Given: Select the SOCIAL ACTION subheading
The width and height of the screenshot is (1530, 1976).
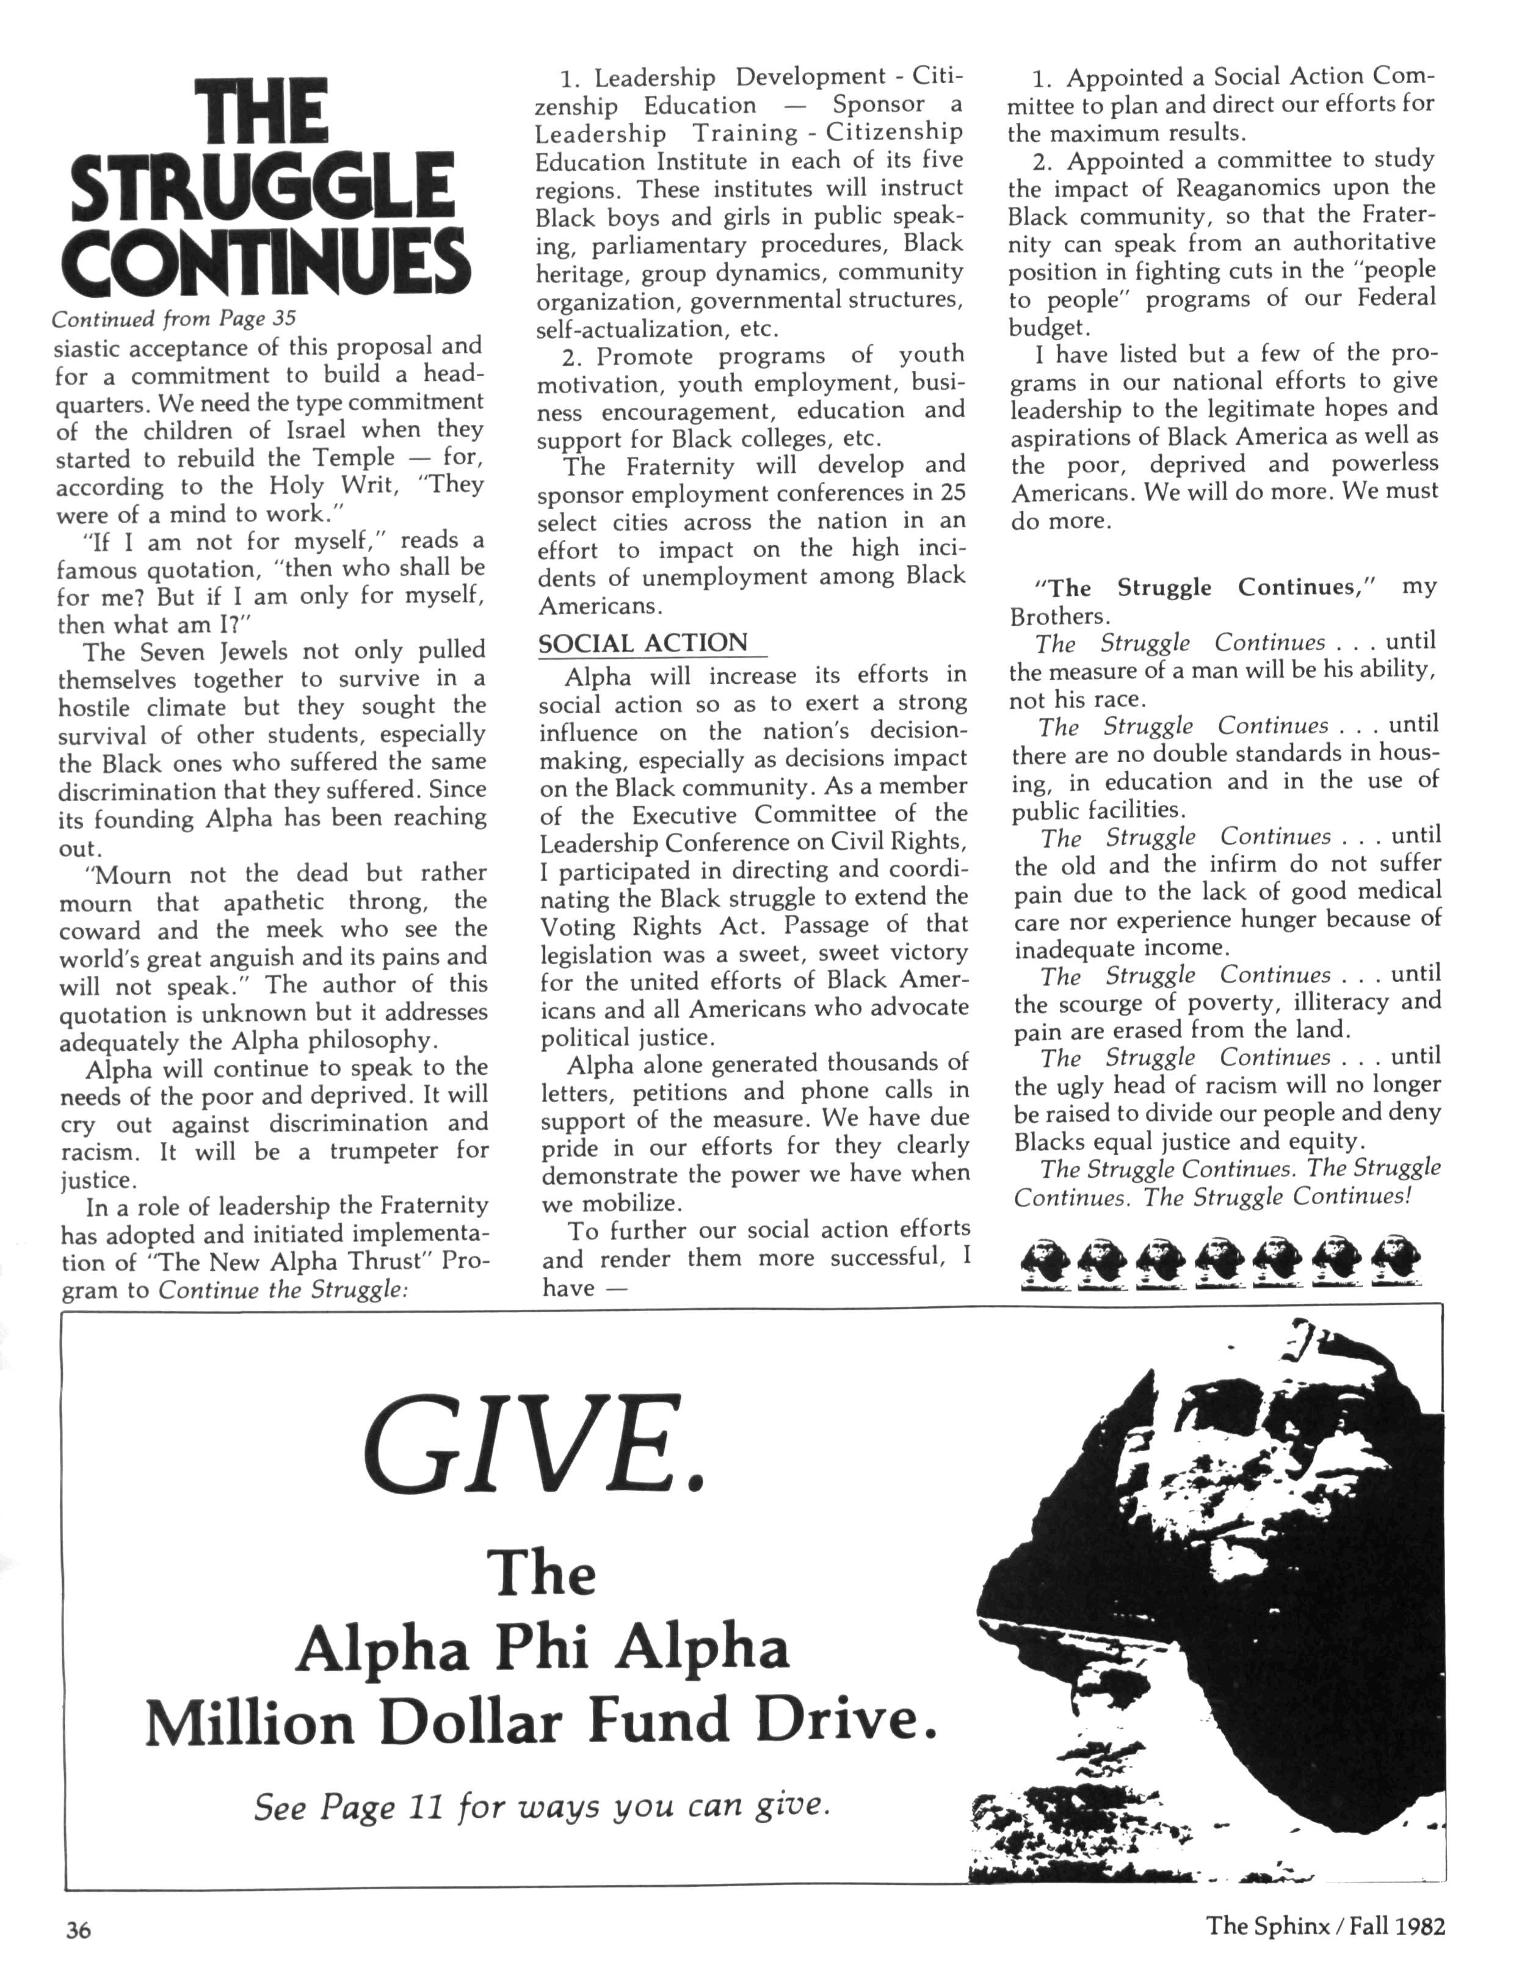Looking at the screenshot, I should coord(644,643).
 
